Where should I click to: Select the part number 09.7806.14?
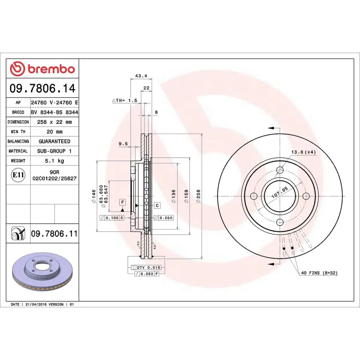pos(42,88)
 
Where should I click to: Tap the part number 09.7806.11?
pos(54,234)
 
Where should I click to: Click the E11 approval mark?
pos(18,175)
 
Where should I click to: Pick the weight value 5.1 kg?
pos(54,161)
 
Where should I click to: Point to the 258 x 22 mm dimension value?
pos(54,122)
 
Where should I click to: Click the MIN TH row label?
pos(18,132)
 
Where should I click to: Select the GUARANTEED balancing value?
pos(54,141)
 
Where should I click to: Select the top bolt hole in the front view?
pos(279,170)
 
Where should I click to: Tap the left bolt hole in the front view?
pos(253,196)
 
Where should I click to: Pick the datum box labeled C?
pos(157,206)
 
